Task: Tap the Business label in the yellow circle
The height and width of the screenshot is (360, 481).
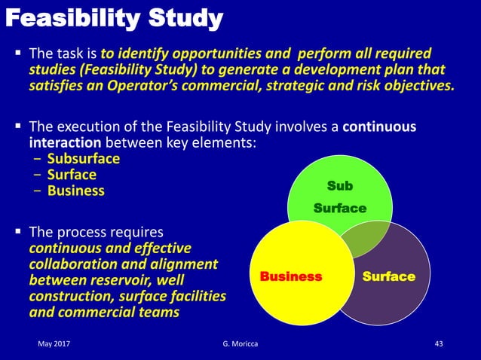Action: point(290,276)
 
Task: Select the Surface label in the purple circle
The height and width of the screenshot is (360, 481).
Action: point(388,276)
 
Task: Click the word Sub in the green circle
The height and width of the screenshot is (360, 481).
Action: point(339,185)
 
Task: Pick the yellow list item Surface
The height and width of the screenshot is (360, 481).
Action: point(72,175)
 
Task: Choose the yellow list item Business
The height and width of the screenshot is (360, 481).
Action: point(75,191)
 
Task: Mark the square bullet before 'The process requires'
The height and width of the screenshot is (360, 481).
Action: point(18,231)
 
